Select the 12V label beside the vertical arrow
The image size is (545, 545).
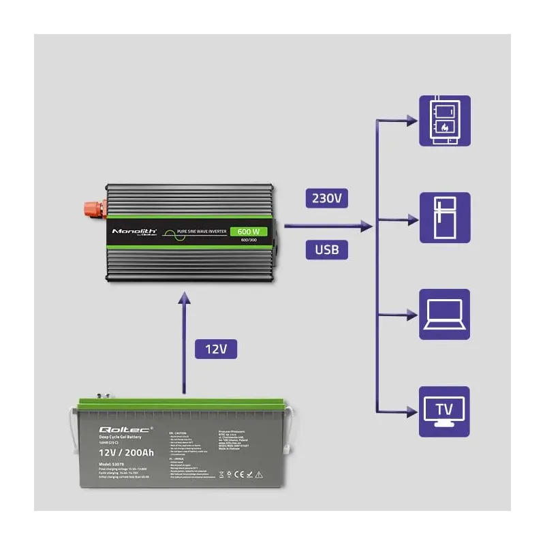point(215,349)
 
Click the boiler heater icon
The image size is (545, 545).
point(444,120)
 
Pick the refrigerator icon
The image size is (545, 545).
point(444,217)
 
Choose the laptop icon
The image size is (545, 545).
point(444,314)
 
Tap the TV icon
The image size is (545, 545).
point(444,411)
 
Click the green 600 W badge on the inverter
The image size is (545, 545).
point(249,231)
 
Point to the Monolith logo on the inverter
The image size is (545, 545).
point(134,232)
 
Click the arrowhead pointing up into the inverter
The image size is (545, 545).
point(183,298)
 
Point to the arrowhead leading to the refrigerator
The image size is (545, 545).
point(411,220)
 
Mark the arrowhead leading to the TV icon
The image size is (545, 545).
point(411,411)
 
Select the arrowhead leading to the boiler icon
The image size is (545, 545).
point(411,120)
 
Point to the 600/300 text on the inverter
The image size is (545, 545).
point(249,240)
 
